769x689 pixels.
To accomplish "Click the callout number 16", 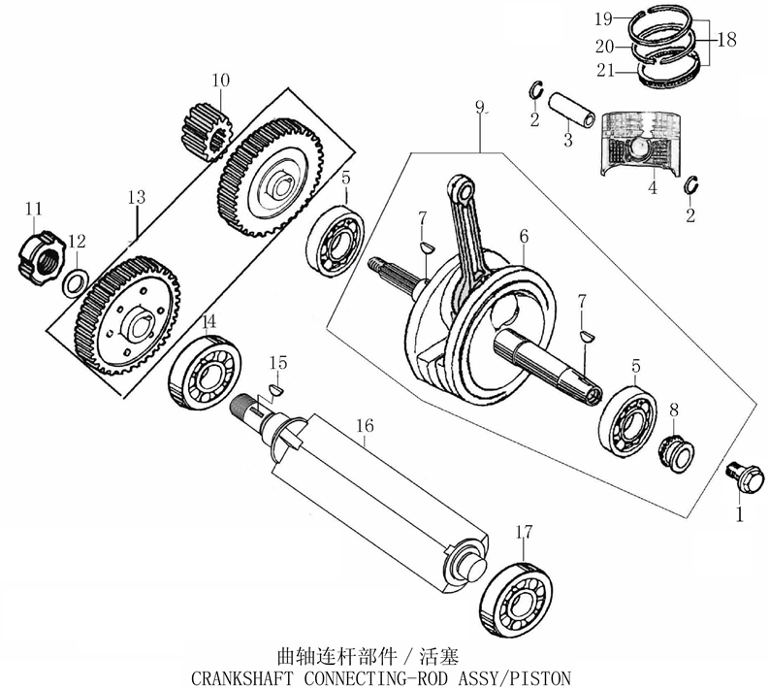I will [x=365, y=426].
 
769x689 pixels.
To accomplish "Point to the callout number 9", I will [x=478, y=105].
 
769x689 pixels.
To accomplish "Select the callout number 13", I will [x=135, y=197].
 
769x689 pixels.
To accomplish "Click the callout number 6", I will [x=524, y=236].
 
